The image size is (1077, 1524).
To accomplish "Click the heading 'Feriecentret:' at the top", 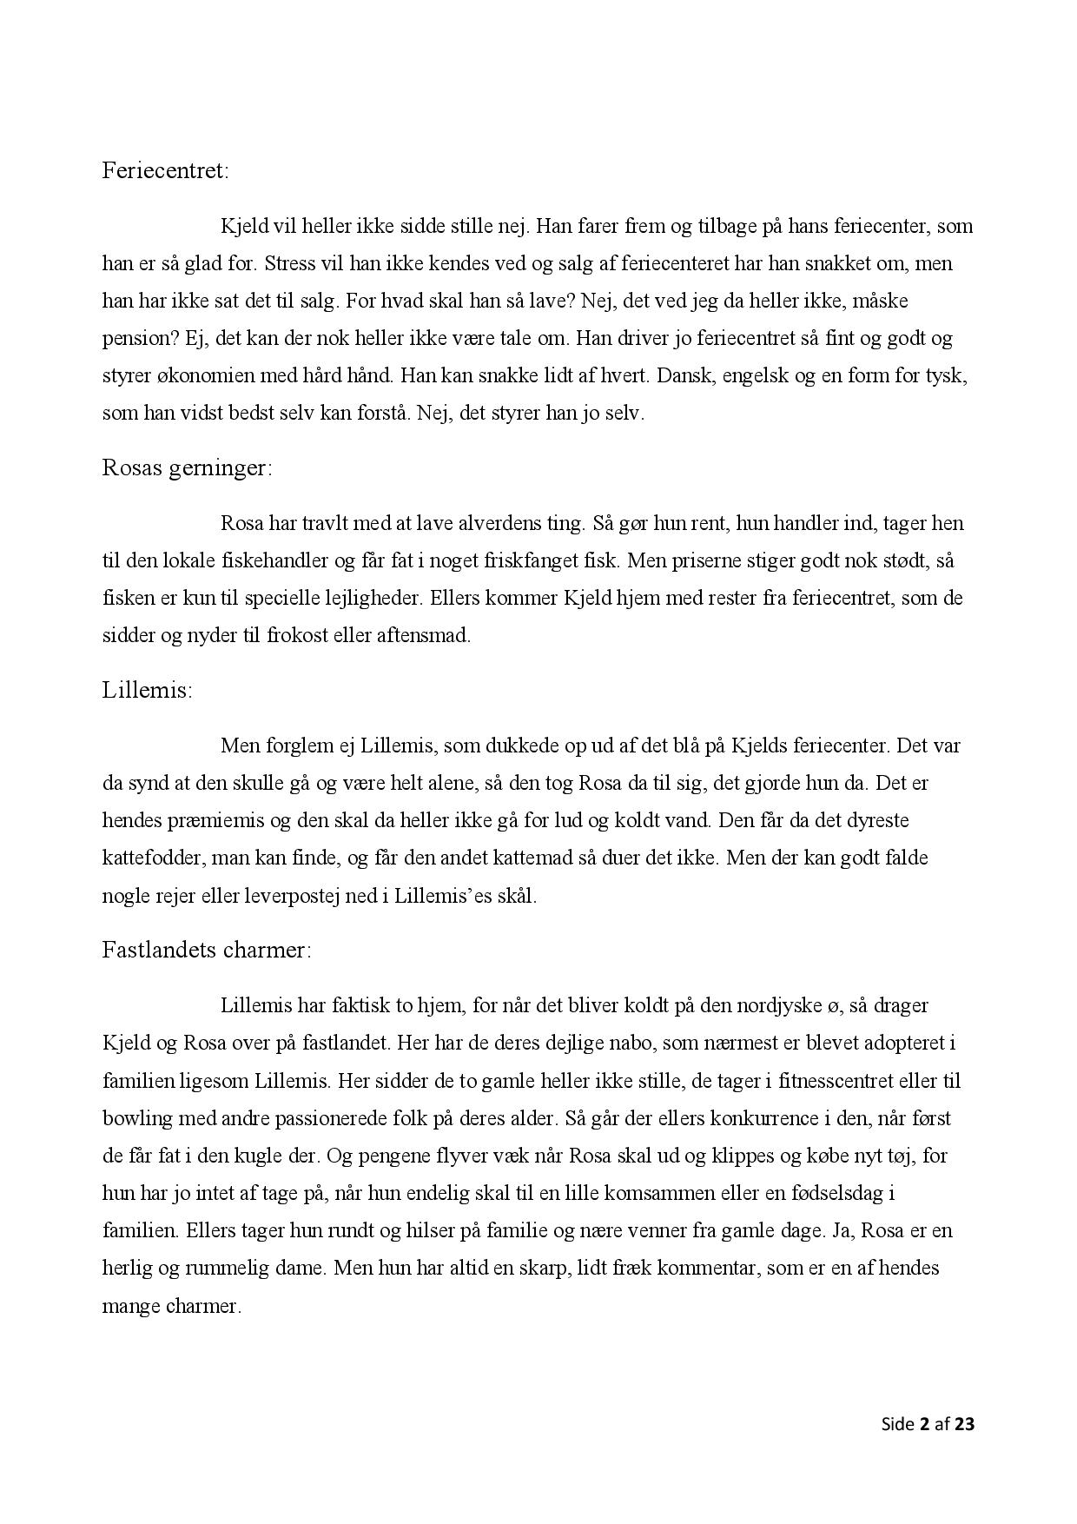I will pyautogui.click(x=166, y=170).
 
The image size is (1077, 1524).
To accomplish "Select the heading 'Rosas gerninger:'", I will pyautogui.click(x=187, y=468).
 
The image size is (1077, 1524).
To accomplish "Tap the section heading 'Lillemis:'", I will pyautogui.click(x=147, y=691).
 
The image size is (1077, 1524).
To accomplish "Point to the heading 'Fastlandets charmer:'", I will pyautogui.click(x=206, y=950).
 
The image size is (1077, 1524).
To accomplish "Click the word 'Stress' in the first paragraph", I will pyautogui.click(x=290, y=263).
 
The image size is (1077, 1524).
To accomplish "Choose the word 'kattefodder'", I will pyautogui.click(x=151, y=858).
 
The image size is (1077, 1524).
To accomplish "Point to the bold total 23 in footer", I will pyautogui.click(x=964, y=1424).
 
